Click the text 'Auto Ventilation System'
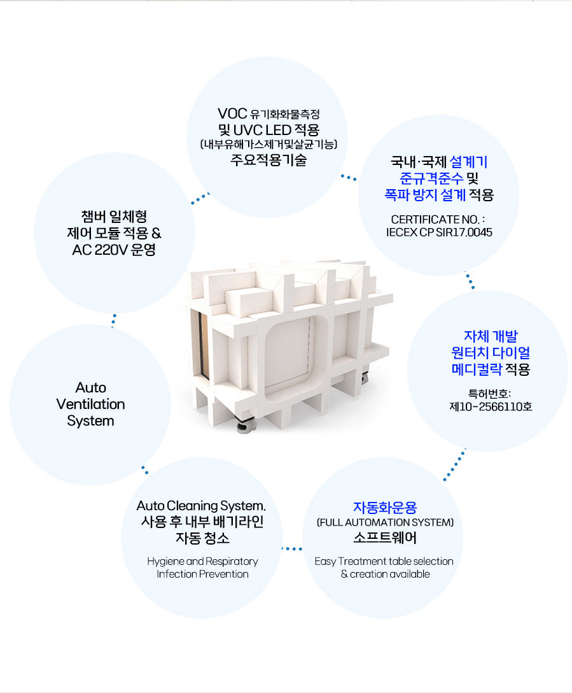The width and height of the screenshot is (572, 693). point(90,404)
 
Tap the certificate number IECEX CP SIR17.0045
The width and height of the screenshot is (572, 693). point(439,232)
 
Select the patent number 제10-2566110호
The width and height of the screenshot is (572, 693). point(491,406)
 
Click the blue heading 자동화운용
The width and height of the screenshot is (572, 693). point(385,508)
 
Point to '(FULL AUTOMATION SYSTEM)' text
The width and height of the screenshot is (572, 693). point(385,523)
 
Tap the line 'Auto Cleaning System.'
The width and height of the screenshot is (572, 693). point(201,506)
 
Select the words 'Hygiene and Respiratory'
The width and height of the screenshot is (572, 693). point(202,561)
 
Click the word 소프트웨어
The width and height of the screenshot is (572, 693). point(385,538)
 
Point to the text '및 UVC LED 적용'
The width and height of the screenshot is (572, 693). point(268,129)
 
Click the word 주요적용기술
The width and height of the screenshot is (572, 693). point(268,160)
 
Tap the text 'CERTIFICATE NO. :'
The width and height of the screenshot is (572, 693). point(439,219)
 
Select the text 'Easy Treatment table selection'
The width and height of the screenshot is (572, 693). point(384,561)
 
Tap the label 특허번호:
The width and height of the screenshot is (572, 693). point(490,392)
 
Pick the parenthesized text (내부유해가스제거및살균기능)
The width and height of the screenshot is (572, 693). point(268,145)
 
